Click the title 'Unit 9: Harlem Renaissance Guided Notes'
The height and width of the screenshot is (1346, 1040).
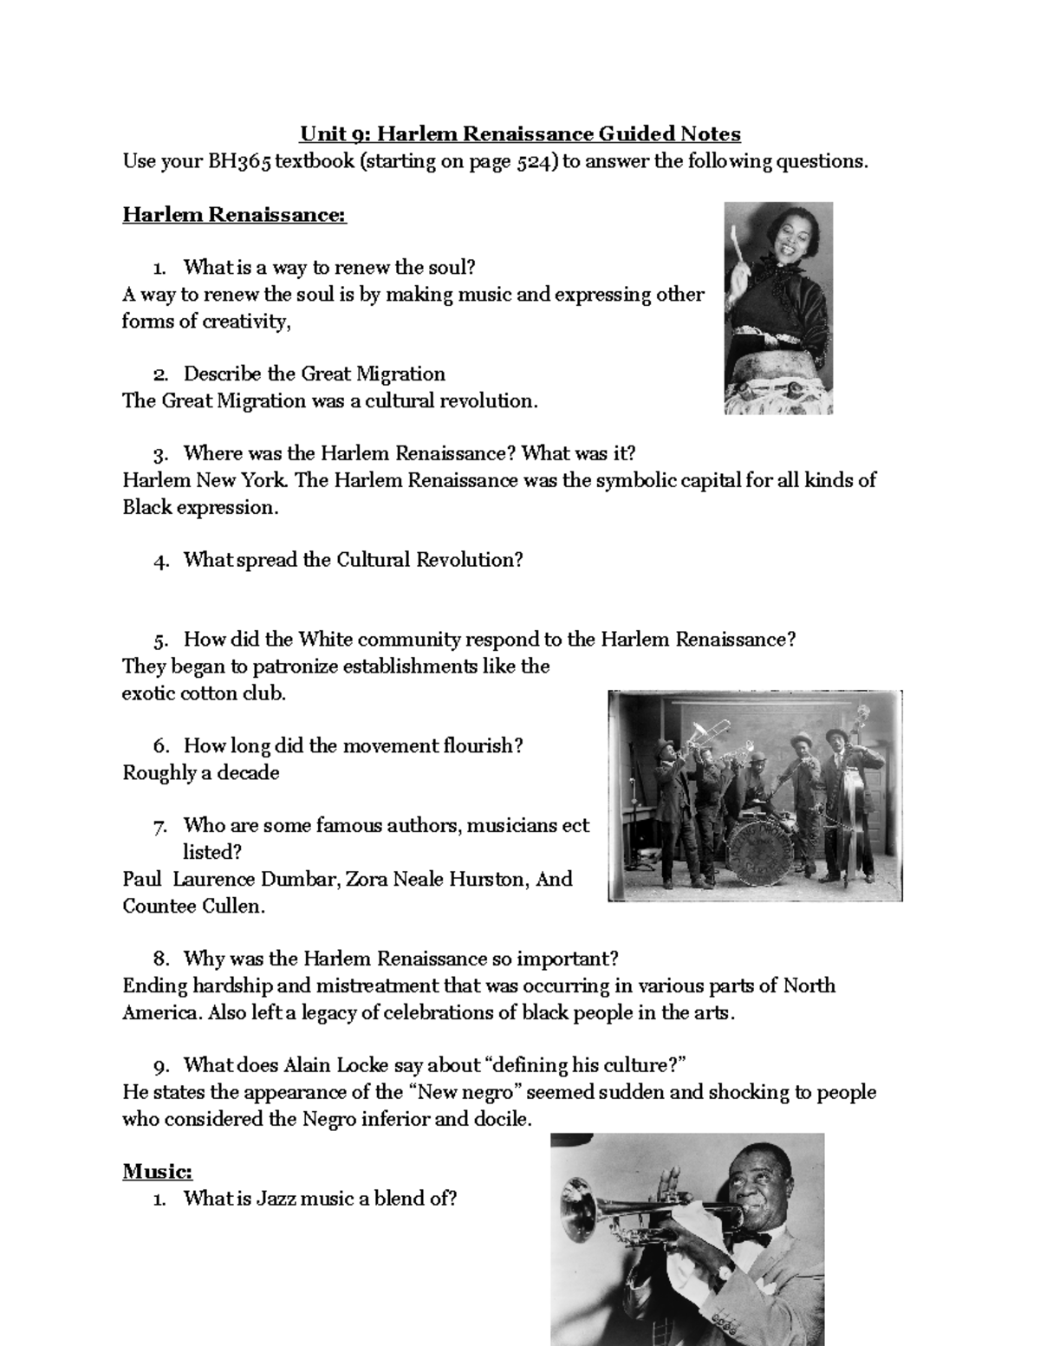520,134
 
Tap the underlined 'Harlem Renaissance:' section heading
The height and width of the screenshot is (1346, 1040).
234,214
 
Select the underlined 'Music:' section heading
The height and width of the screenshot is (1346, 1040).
157,1172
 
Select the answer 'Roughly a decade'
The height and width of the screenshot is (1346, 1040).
201,773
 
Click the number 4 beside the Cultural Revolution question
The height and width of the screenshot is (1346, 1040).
159,561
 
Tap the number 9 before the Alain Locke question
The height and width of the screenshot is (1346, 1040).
161,1066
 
